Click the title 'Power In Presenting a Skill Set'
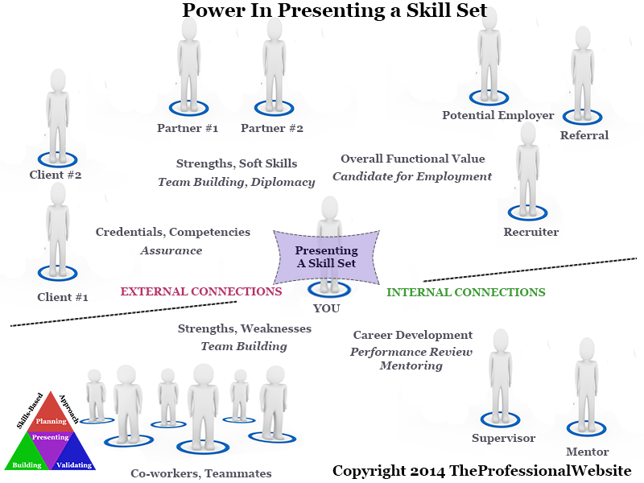(333, 12)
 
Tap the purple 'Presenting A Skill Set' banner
(326, 257)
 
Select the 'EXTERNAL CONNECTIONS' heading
(200, 291)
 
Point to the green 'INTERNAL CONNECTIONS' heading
(465, 292)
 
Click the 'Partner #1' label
(188, 128)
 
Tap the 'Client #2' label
(56, 174)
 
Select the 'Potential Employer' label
(497, 115)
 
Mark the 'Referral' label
(584, 135)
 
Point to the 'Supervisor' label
(503, 438)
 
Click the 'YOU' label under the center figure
(326, 308)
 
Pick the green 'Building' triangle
(27, 456)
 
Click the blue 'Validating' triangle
(76, 456)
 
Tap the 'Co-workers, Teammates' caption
(201, 473)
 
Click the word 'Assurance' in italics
(171, 250)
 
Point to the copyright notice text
(481, 470)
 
